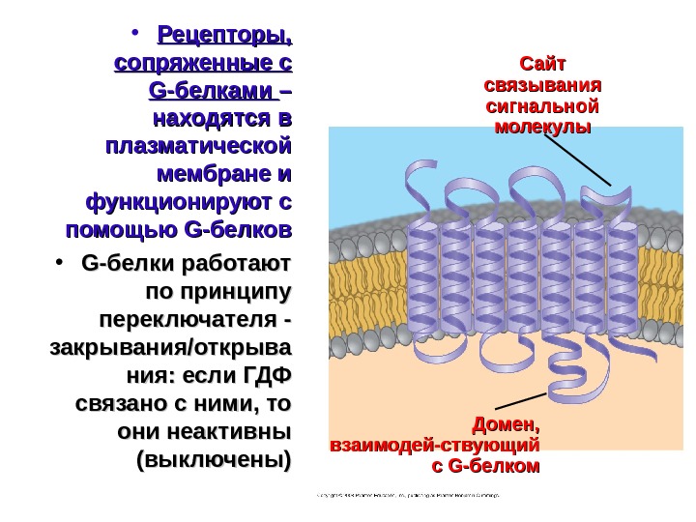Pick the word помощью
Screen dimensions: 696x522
pos(119,232)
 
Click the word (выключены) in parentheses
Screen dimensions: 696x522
pos(214,457)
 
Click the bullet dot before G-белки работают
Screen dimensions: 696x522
pos(60,264)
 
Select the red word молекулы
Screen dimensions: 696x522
pos(541,126)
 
